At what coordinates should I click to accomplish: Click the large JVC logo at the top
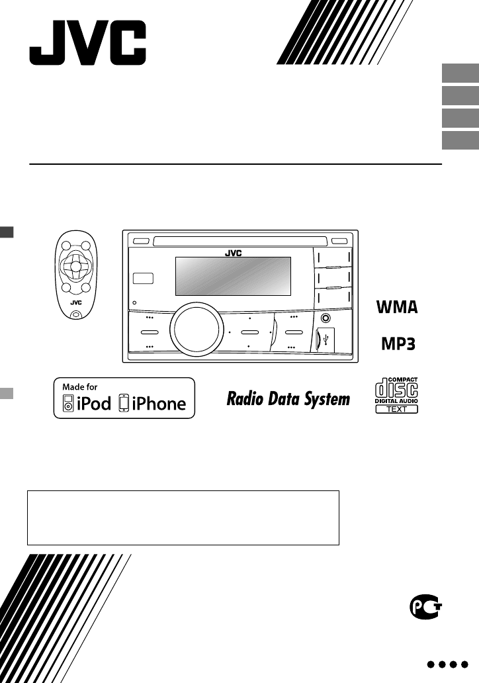point(87,43)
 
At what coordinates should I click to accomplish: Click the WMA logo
point(397,308)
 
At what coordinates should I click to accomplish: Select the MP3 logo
point(397,344)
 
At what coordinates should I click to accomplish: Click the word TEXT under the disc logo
point(397,409)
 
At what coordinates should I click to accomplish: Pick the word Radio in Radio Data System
point(245,399)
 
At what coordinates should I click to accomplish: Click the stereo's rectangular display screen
point(233,276)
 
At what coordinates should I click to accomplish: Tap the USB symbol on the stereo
point(331,339)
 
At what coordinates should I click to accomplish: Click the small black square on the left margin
point(6,232)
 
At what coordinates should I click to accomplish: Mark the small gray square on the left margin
point(6,392)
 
